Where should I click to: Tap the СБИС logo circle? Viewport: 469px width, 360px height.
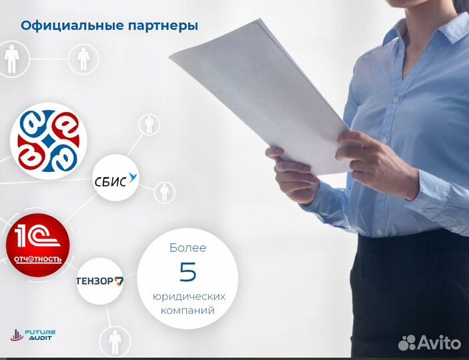point(115,177)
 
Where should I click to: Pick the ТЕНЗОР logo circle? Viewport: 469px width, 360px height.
point(100,281)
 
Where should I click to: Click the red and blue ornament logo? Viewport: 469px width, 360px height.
point(48,139)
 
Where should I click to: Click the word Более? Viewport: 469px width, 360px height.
point(187,248)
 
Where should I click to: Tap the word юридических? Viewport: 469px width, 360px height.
point(187,296)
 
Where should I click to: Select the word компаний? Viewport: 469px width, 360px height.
point(187,310)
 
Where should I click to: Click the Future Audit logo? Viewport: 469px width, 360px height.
point(33,335)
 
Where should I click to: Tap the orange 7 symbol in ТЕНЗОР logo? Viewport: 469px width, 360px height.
point(119,281)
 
